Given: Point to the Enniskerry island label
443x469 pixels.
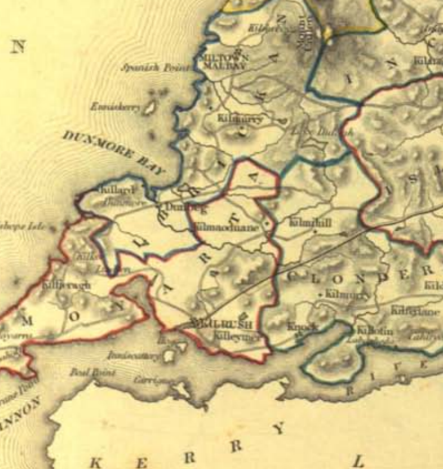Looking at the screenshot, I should pyautogui.click(x=116, y=107).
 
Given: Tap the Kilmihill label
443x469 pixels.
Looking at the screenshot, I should pyautogui.click(x=309, y=223).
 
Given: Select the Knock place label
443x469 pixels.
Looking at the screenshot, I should pyautogui.click(x=302, y=326).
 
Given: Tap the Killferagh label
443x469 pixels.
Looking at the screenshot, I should pyautogui.click(x=67, y=285).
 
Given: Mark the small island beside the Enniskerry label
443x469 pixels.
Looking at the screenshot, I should pyautogui.click(x=150, y=107).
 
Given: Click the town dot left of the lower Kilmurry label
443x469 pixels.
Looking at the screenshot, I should pyautogui.click(x=321, y=294).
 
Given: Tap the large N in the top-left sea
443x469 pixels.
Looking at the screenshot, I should pyautogui.click(x=18, y=46).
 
